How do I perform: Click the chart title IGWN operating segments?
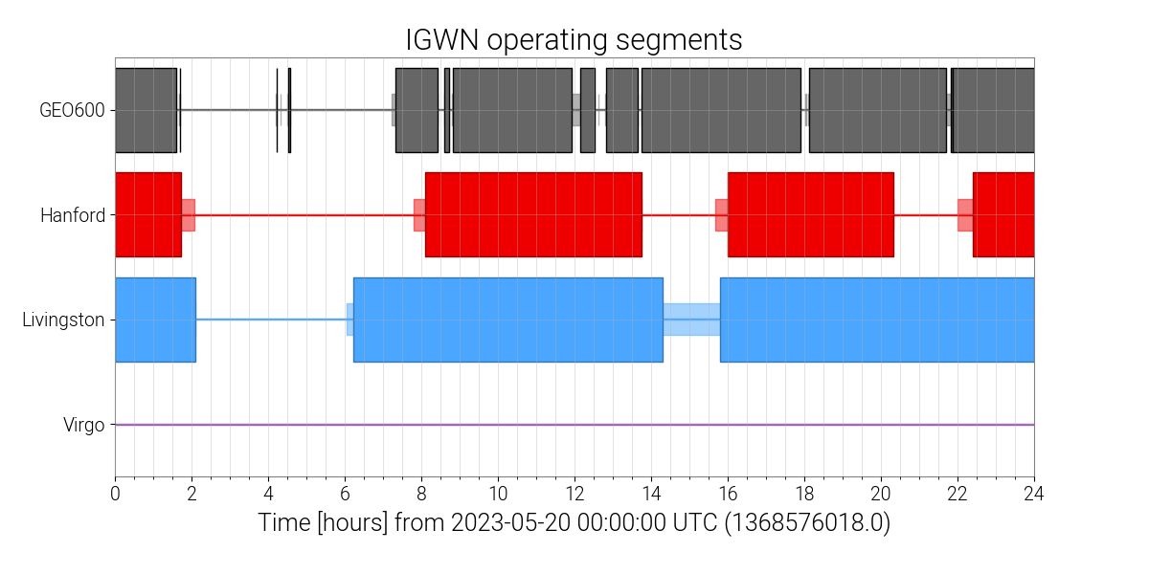tap(574, 40)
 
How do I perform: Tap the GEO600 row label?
tap(72, 110)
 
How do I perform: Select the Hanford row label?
tap(73, 215)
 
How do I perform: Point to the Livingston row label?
tap(63, 320)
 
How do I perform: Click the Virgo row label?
tap(83, 425)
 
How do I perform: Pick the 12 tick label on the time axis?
tap(574, 494)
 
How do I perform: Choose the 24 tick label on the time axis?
tap(1033, 494)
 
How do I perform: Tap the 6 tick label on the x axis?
tap(345, 494)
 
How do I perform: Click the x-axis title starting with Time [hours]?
tap(574, 522)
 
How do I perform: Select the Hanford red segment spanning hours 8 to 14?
tap(533, 214)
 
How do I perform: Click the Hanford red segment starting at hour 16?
tap(810, 214)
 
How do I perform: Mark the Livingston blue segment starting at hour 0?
tap(155, 320)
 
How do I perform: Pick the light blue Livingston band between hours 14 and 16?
tap(691, 320)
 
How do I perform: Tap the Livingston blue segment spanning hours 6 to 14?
tap(507, 320)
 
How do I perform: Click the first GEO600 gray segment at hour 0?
tap(146, 110)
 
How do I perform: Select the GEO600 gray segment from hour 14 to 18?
tap(721, 110)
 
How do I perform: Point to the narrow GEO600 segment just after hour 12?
tap(588, 110)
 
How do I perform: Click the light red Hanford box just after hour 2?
tap(189, 215)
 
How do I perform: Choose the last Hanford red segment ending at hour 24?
tap(1003, 214)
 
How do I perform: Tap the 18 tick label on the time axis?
tap(804, 494)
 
